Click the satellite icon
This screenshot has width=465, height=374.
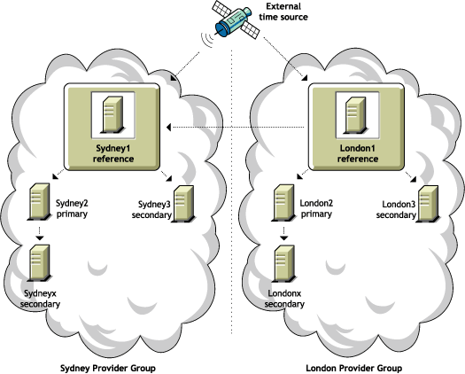click(236, 20)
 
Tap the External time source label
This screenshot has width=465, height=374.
click(283, 12)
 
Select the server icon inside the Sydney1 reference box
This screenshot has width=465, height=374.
click(112, 114)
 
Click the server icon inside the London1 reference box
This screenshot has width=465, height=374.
click(357, 114)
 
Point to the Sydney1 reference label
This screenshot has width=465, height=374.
click(113, 153)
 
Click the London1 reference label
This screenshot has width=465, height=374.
click(358, 153)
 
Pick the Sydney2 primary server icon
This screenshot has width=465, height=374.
click(39, 202)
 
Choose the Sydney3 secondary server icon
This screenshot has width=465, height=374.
click(183, 204)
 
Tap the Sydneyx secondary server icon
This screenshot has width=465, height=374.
click(39, 263)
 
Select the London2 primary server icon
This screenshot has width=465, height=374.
click(283, 203)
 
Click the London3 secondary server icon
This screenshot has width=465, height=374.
click(428, 204)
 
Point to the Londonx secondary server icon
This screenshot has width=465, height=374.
click(283, 263)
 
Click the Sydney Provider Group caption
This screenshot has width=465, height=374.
click(108, 369)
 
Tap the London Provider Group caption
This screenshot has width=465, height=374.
click(354, 369)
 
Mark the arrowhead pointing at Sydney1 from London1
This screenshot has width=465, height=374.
click(168, 128)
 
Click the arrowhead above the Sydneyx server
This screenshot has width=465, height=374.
click(40, 238)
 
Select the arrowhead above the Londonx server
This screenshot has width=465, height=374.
click(283, 238)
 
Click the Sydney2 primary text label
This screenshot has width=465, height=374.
click(72, 208)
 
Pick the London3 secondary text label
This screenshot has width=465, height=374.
click(396, 209)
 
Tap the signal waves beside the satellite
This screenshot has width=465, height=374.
click(207, 40)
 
